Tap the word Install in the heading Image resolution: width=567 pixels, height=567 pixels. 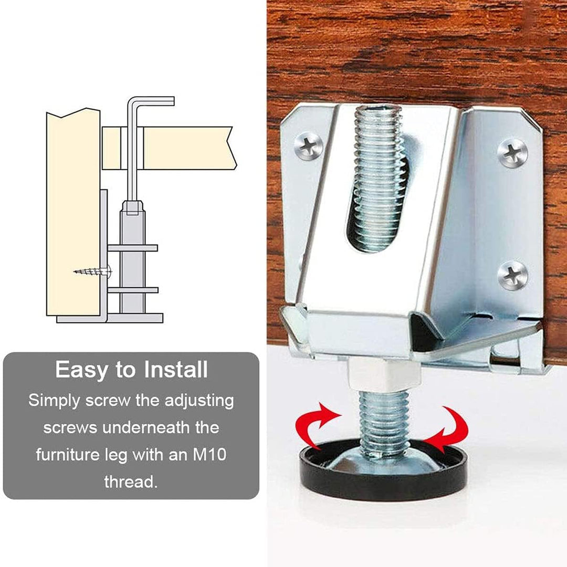[176, 370]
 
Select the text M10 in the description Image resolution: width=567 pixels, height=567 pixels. [209, 454]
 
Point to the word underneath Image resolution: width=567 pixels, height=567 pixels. [146, 427]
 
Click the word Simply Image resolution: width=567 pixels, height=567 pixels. [55, 401]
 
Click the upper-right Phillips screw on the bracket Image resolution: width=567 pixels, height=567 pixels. [512, 153]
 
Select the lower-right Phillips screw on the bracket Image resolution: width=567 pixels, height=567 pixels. [512, 275]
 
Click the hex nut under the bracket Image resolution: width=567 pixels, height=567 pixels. [384, 375]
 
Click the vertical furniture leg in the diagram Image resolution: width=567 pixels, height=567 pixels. [73, 212]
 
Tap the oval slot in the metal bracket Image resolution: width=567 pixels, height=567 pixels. [378, 203]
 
